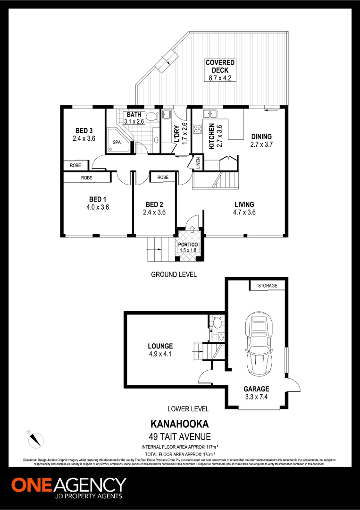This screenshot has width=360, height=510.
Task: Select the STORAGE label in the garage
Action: (271, 286)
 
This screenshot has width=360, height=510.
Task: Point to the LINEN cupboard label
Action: (198, 162)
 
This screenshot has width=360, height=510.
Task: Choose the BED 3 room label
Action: (84, 131)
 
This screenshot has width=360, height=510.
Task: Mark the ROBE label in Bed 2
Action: (163, 177)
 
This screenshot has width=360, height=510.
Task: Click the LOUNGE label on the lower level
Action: (160, 346)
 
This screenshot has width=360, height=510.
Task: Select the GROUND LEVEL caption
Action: (174, 274)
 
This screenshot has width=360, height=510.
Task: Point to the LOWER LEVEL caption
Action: (188, 409)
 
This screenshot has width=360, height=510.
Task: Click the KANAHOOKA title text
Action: (179, 424)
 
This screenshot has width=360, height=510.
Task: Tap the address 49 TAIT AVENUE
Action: (180, 437)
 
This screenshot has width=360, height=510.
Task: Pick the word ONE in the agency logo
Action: (32, 485)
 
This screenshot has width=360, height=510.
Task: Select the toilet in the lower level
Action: (217, 323)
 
